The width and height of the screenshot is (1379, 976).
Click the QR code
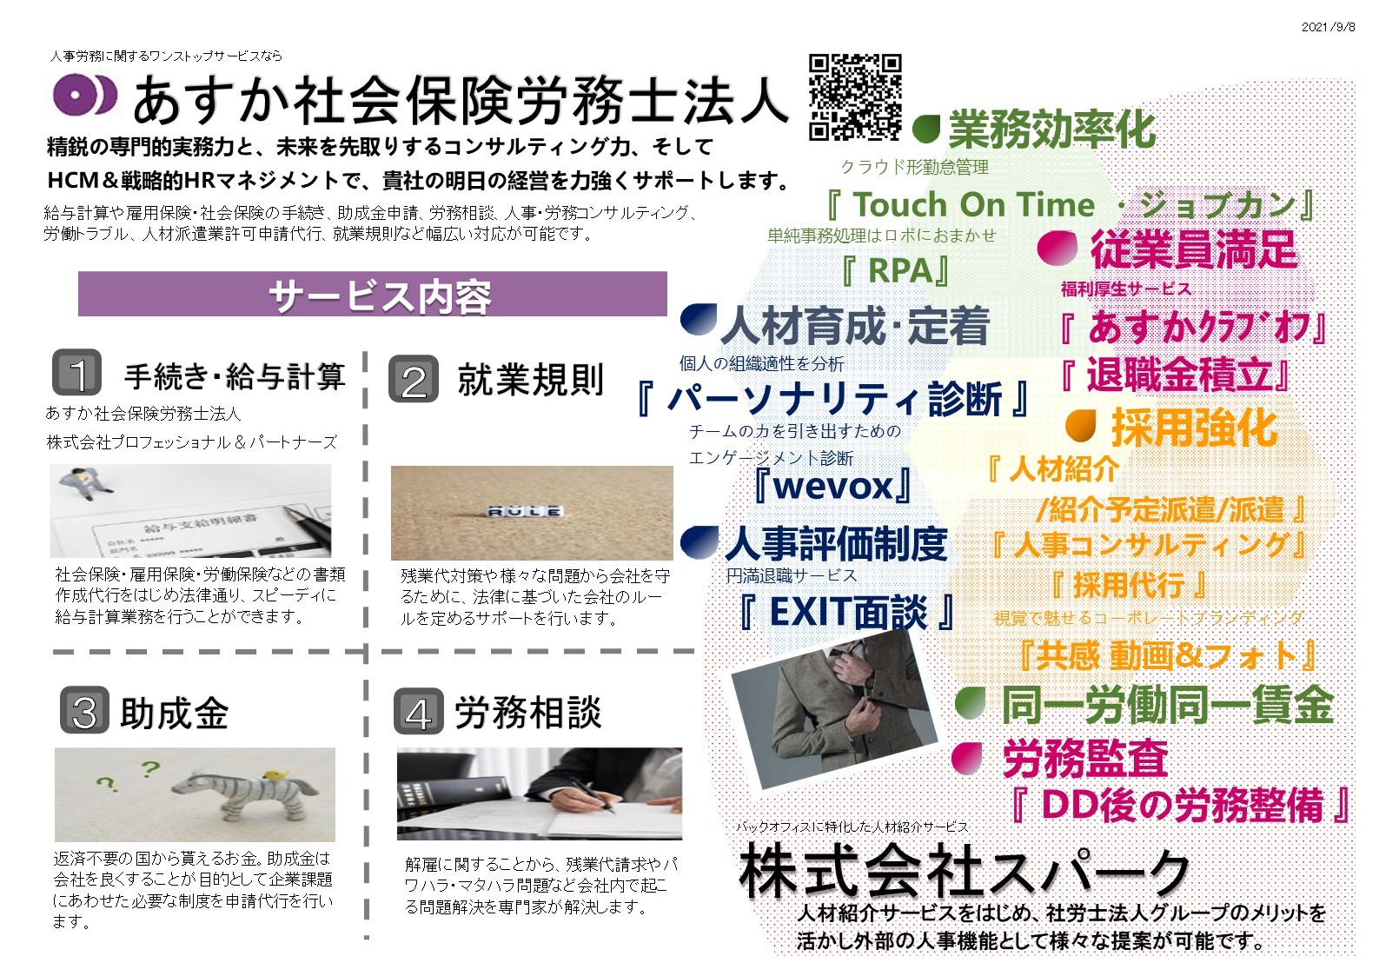tap(855, 97)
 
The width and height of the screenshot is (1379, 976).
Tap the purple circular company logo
tap(84, 95)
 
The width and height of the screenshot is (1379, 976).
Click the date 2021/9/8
tap(1328, 27)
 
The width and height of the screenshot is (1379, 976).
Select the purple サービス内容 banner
tap(373, 294)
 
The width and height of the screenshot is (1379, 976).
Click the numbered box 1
tap(77, 373)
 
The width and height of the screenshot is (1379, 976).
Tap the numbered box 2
tap(414, 379)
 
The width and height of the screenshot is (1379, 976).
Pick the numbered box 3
tap(85, 710)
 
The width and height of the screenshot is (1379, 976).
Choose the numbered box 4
tap(419, 711)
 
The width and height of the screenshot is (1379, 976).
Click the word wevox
tap(833, 487)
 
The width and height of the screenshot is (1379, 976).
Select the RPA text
tap(900, 271)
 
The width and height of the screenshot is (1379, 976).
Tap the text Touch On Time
tap(974, 205)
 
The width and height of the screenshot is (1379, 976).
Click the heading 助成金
tap(175, 714)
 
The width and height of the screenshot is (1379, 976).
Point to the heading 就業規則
tap(531, 379)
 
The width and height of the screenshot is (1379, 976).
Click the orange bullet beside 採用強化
tap(1081, 426)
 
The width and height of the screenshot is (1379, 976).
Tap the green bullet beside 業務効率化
tap(926, 129)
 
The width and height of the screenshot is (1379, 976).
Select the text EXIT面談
tap(848, 613)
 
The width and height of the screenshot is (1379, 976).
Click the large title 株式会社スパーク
tap(964, 872)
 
